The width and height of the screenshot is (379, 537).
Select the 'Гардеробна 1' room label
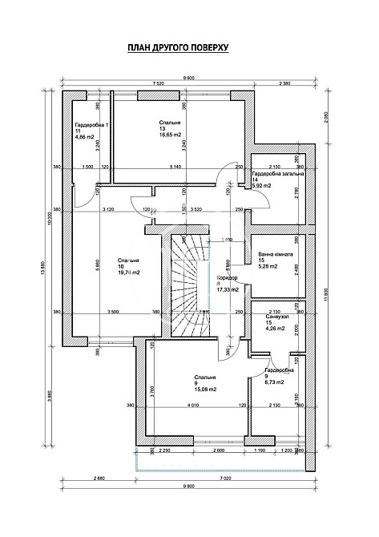(92, 125)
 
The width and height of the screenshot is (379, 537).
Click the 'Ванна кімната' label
(276, 253)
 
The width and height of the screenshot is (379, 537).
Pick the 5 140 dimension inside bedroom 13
(175, 166)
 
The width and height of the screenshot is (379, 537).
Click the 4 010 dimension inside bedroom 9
(189, 406)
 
